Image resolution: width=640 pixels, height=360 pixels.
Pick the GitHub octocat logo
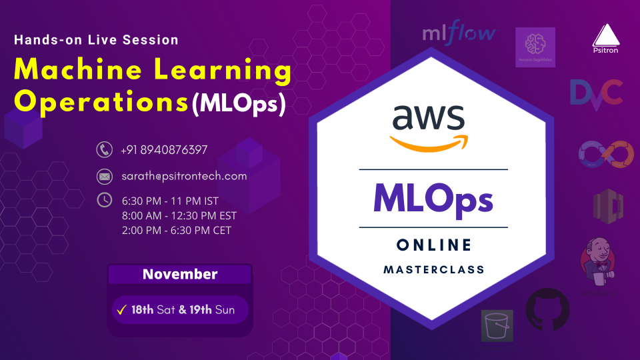[548, 311]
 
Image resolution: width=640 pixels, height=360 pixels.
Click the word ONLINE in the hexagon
[433, 245]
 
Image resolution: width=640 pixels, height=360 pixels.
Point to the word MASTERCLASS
[433, 270]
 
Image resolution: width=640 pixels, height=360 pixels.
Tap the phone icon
[103, 150]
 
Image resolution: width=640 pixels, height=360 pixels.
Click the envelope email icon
[103, 177]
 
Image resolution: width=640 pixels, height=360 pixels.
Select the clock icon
[103, 199]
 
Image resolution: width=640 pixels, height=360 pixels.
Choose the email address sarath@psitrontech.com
[184, 177]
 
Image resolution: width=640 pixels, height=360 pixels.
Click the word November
[180, 274]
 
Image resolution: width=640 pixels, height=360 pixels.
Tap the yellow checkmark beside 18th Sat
[121, 310]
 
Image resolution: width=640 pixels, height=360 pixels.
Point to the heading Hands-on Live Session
[96, 40]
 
